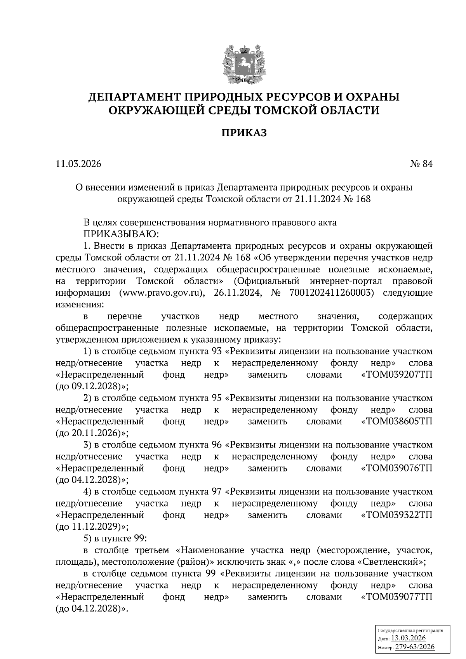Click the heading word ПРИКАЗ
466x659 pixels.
pos(244,133)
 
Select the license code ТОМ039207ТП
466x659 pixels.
pos(397,375)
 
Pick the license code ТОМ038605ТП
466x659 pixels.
pos(397,421)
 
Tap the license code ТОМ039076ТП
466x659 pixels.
pos(397,468)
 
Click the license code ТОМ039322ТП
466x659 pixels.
pos(397,515)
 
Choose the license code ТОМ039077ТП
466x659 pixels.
pos(397,597)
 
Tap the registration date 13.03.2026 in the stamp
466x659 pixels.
pos(409,639)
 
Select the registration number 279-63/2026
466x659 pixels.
pos(415,647)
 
